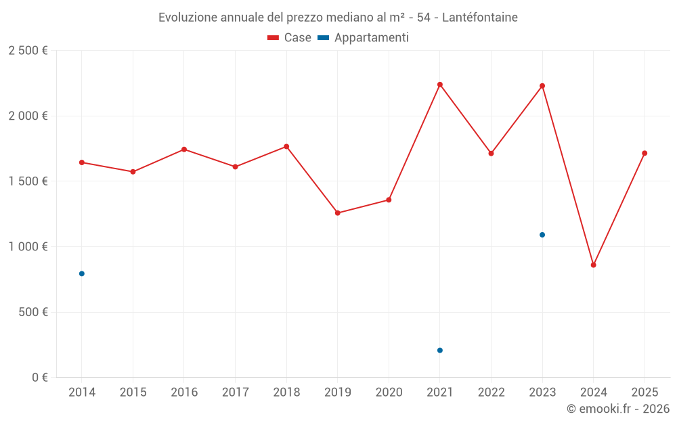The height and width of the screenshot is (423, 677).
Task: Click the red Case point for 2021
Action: coord(440,85)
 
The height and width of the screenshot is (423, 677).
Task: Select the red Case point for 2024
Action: coord(594,265)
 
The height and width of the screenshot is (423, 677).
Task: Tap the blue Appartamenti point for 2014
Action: coord(82,273)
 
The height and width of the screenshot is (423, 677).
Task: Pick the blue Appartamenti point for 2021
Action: coord(440,351)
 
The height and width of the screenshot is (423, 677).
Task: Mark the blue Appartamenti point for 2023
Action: coord(542,235)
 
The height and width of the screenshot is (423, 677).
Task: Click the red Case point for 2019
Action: coord(338,213)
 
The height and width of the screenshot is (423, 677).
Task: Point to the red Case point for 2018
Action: coord(286,147)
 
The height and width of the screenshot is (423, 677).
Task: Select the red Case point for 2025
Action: coord(645,153)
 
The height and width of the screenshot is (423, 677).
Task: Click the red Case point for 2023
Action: coord(542,86)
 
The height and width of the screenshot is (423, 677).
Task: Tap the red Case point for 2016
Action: coord(184,150)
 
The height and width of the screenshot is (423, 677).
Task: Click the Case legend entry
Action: coord(289,38)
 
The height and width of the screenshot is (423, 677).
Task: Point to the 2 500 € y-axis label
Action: coord(28,51)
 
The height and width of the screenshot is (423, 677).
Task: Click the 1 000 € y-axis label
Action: coord(28,247)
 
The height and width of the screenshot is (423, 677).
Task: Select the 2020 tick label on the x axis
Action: coord(389,393)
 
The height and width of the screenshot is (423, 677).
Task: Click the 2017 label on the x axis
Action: coord(235,393)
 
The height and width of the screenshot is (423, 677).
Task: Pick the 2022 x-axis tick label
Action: coord(491,393)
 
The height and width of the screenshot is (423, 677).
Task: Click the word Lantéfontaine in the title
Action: coord(479,18)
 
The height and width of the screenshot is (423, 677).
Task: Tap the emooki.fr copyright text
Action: coord(618,409)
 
